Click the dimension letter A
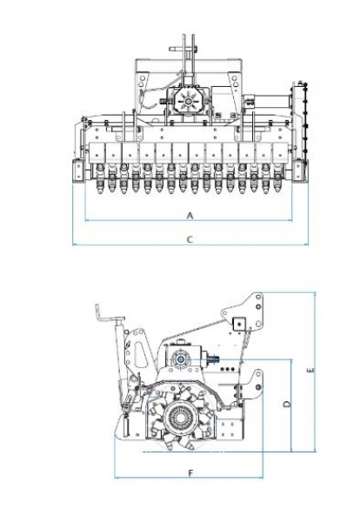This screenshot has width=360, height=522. (x=190, y=216)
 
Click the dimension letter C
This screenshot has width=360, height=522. (x=190, y=239)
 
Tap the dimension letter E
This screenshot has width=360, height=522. (x=310, y=370)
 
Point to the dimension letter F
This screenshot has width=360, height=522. (x=190, y=472)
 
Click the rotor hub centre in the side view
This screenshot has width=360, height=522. (x=182, y=418)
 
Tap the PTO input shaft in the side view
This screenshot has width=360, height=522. (x=212, y=358)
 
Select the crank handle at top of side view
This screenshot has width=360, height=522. (x=109, y=313)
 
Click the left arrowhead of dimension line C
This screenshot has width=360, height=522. (x=74, y=245)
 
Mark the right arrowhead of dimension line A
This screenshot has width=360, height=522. (x=290, y=220)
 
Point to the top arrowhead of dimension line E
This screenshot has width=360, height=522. (x=316, y=294)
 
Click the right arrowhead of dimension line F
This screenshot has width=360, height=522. (x=261, y=478)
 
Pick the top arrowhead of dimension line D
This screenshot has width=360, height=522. (x=291, y=362)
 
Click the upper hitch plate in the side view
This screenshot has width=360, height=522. (x=247, y=311)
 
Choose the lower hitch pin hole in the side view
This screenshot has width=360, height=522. (x=258, y=387)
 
